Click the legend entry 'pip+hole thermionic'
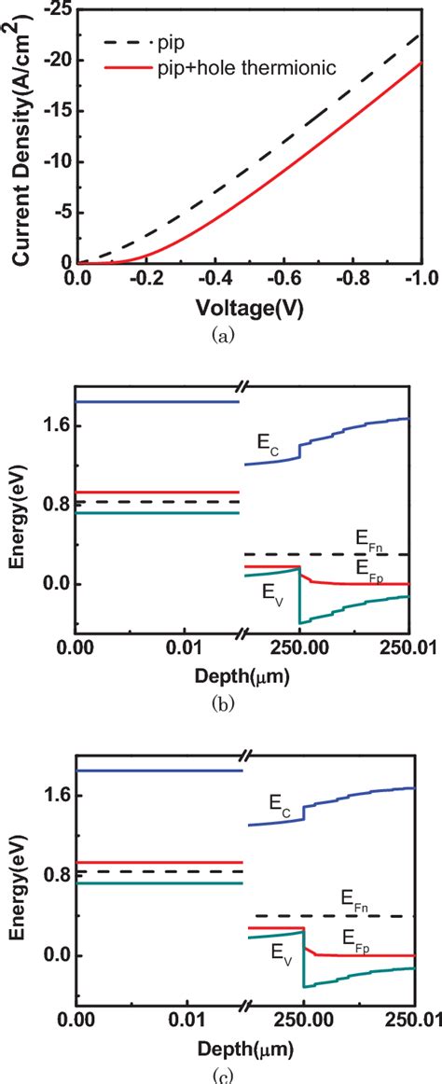230,67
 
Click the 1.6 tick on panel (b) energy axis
56,426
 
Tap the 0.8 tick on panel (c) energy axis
56,875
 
